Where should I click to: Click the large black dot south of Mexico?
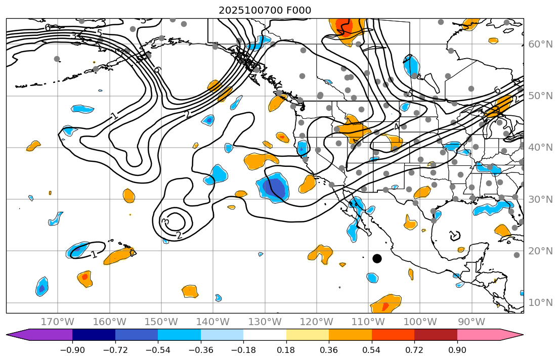[377, 258]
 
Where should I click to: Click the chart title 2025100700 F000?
[265, 11]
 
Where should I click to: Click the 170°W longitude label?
[58, 322]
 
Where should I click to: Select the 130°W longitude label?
[265, 322]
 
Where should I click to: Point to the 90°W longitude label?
[471, 322]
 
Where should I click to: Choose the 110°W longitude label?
[368, 322]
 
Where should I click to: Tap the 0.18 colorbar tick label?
[286, 350]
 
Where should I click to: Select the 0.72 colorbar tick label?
[414, 350]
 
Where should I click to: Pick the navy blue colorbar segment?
[94, 335]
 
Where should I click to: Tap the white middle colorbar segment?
[265, 335]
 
